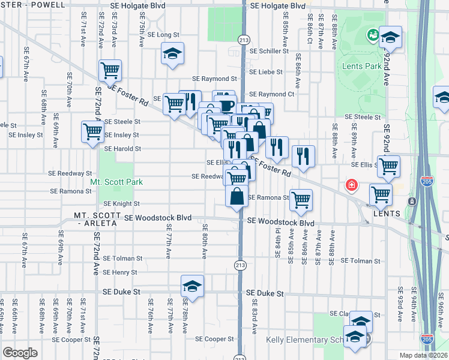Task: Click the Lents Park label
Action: click(363, 66)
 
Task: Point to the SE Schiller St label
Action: click(268, 51)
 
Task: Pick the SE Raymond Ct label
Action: click(271, 94)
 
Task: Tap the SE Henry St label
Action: click(120, 272)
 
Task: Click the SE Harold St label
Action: click(122, 149)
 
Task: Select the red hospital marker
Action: click(350, 187)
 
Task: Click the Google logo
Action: click(20, 353)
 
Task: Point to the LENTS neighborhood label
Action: click(385, 214)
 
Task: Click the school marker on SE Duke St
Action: click(192, 286)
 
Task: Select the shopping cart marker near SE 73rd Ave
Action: click(110, 71)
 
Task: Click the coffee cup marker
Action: click(226, 106)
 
